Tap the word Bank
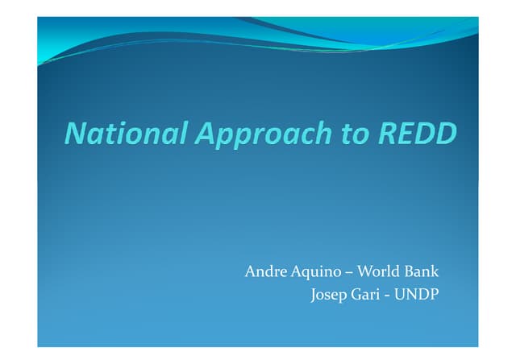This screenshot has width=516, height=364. (423, 271)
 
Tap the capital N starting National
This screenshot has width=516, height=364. (73, 133)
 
